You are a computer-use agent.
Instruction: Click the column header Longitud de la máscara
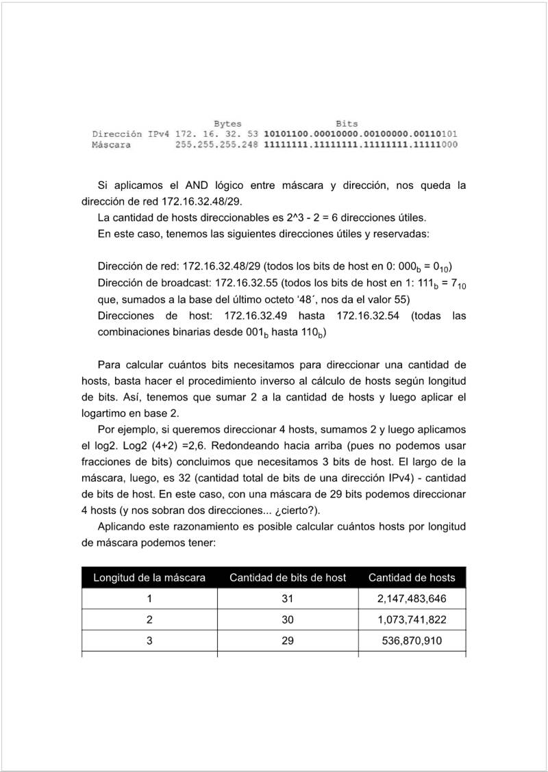[149, 578]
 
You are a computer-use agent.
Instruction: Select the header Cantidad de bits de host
[288, 578]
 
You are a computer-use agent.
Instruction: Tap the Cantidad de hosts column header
[412, 578]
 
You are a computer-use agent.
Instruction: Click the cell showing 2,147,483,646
[412, 599]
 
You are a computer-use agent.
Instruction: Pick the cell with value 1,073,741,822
[412, 620]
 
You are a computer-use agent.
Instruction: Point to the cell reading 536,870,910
[412, 641]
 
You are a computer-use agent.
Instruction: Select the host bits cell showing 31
[288, 599]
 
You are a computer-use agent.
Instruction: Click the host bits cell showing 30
[288, 620]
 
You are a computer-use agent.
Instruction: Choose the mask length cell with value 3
[149, 641]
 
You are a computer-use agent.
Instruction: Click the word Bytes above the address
[227, 124]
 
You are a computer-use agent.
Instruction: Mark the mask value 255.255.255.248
[216, 145]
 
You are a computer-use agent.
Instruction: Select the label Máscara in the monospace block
[111, 145]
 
